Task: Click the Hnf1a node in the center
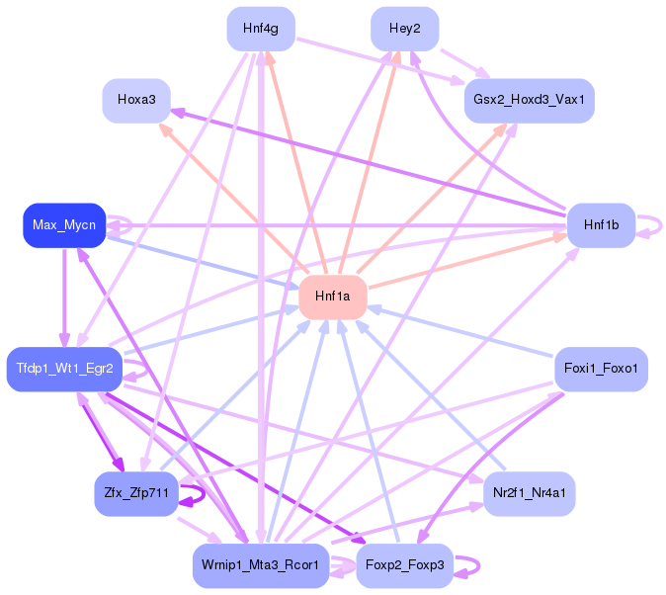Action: pyautogui.click(x=333, y=297)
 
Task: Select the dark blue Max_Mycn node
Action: pyautogui.click(x=64, y=225)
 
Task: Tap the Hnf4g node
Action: pyautogui.click(x=261, y=29)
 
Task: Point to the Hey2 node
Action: pyautogui.click(x=405, y=29)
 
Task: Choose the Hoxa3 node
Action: pyautogui.click(x=136, y=101)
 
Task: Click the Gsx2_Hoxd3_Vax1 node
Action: pyautogui.click(x=530, y=101)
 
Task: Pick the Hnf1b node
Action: pyautogui.click(x=602, y=225)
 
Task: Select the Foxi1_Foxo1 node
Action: pyautogui.click(x=602, y=369)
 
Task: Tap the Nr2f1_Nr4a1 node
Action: pyautogui.click(x=530, y=494)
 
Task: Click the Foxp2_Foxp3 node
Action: pyautogui.click(x=405, y=565)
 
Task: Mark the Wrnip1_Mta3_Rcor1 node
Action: pyautogui.click(x=261, y=565)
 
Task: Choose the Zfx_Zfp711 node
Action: pyautogui.click(x=136, y=494)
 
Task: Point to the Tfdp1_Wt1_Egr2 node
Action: pyautogui.click(x=64, y=369)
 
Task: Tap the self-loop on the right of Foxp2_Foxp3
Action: pyautogui.click(x=479, y=566)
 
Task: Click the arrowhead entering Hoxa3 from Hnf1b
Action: pyautogui.click(x=178, y=113)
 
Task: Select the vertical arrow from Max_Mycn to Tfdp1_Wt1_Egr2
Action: pyautogui.click(x=64, y=297)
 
